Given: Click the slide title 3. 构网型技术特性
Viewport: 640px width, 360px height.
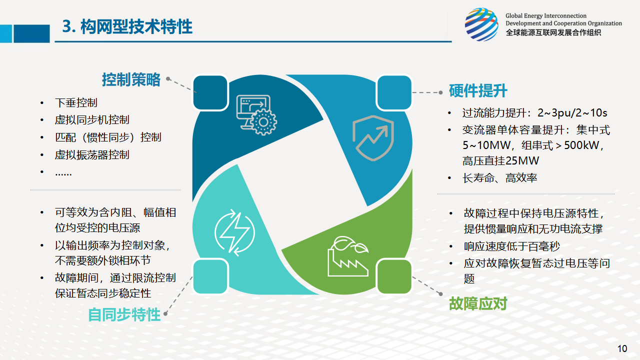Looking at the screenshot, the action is [127, 26].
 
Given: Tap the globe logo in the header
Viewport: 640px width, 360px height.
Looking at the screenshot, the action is [481, 24].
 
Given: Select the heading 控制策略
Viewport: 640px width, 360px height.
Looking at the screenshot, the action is [131, 79].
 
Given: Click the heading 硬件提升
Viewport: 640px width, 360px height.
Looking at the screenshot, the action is [478, 91].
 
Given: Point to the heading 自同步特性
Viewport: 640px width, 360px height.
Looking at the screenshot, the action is [124, 315].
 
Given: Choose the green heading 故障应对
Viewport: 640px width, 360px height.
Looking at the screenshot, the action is [478, 303].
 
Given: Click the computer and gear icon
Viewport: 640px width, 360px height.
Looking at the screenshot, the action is [256, 115].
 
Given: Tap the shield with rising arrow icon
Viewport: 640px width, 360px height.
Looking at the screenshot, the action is [373, 138].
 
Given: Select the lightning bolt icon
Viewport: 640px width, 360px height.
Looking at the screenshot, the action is [234, 232].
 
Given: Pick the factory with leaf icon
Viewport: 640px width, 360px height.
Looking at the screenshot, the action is [348, 256].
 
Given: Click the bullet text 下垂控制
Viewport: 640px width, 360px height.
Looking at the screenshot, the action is [76, 102].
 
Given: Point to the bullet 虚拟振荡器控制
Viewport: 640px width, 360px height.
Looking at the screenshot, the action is [92, 155].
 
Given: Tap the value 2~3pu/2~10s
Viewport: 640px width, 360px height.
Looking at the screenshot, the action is [572, 113].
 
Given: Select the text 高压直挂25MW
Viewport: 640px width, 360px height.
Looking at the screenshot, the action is [501, 161].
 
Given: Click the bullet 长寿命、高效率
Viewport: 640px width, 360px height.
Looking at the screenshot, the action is [499, 178].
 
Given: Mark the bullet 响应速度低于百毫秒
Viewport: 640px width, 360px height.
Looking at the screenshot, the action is [511, 246].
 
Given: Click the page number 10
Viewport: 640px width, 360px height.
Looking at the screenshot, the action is [622, 348].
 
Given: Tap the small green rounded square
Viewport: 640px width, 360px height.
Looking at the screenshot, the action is [394, 276].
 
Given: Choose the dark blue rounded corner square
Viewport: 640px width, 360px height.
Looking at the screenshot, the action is [210, 92].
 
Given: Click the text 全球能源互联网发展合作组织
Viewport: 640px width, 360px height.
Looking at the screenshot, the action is [553, 32].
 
